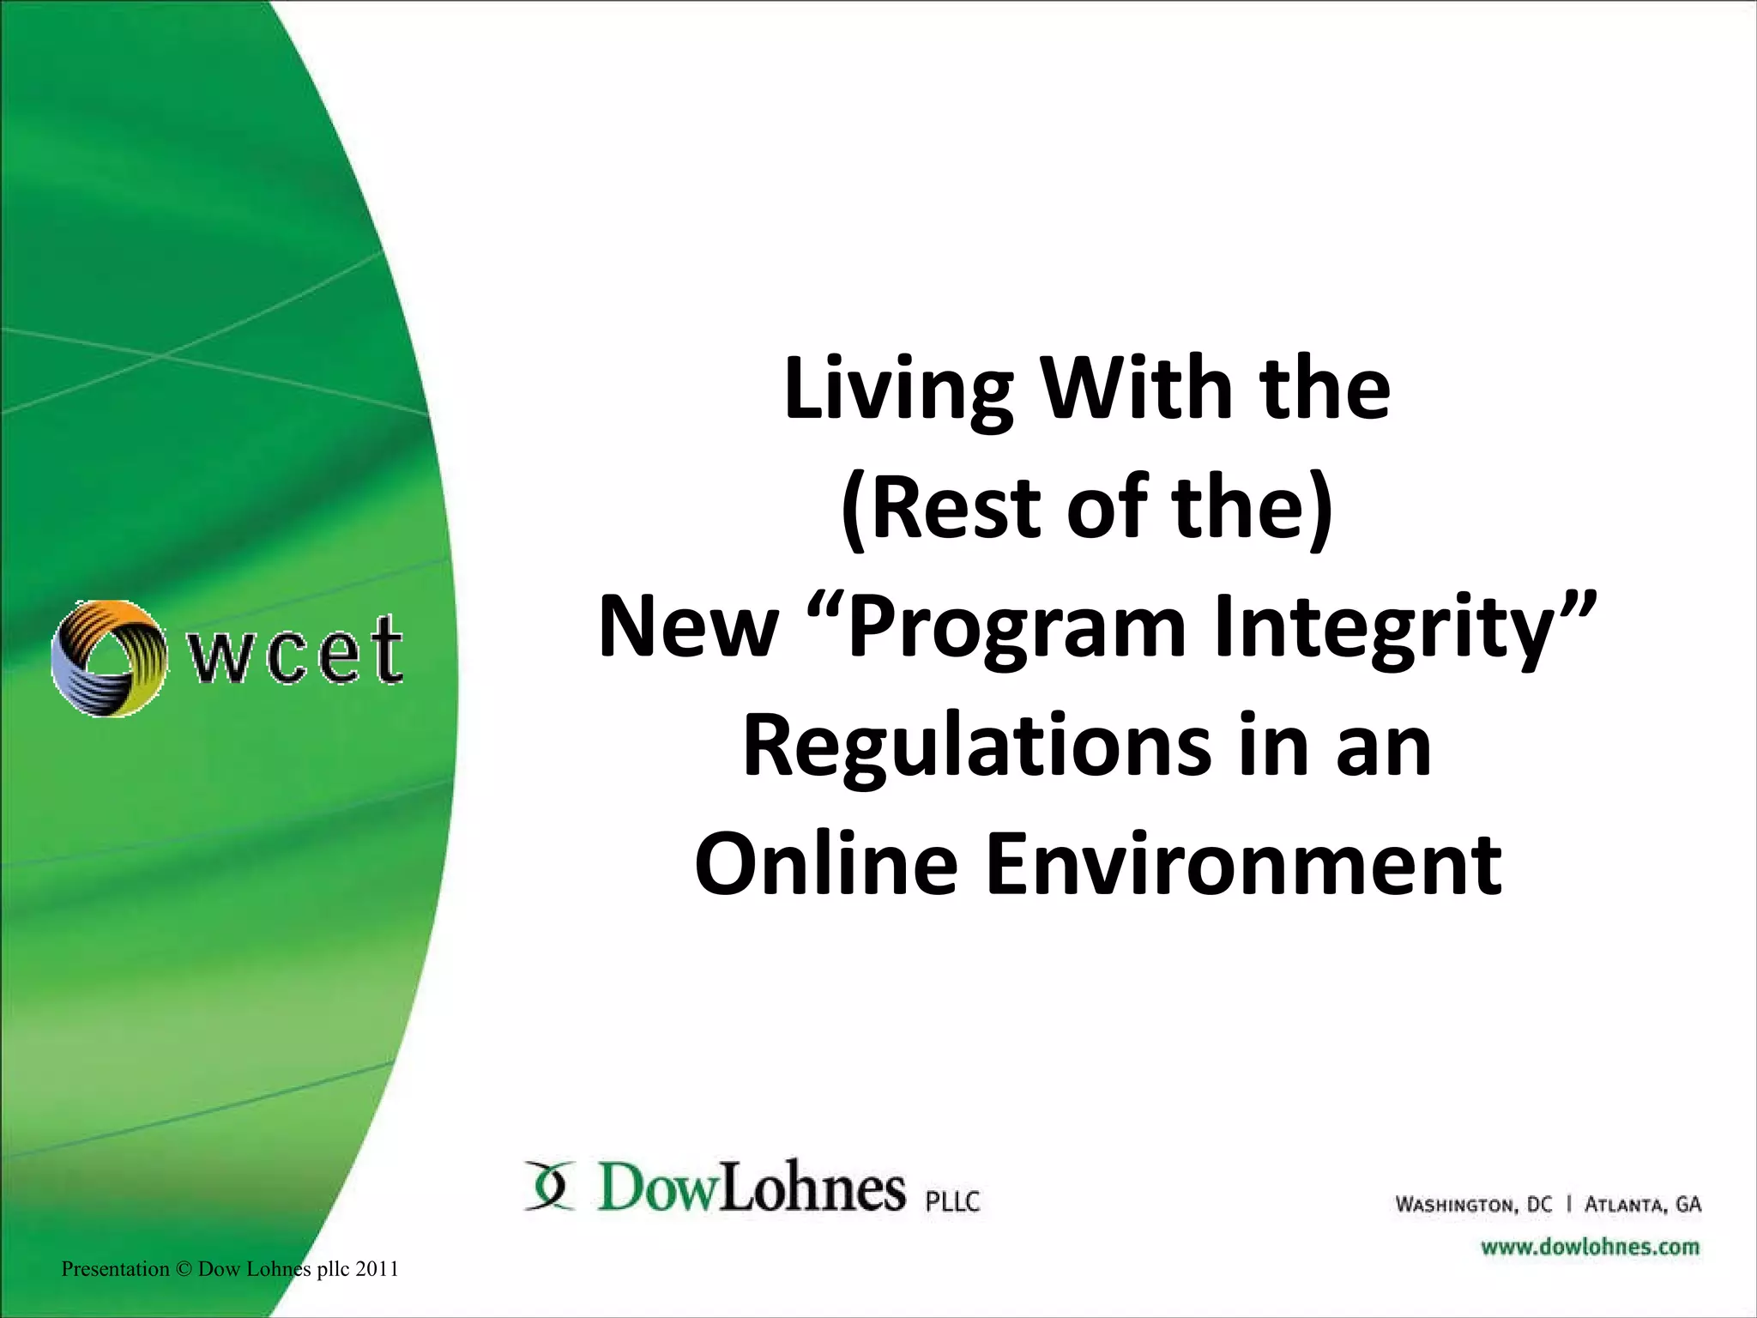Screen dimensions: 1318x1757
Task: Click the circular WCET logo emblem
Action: pyautogui.click(x=108, y=657)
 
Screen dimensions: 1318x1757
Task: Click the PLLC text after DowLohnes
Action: pyautogui.click(x=952, y=1200)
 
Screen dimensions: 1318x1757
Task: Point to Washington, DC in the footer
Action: pyautogui.click(x=1473, y=1205)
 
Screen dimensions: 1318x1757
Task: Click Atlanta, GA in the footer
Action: pyautogui.click(x=1642, y=1205)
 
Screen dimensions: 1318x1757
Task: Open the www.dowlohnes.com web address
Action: pyautogui.click(x=1590, y=1246)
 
